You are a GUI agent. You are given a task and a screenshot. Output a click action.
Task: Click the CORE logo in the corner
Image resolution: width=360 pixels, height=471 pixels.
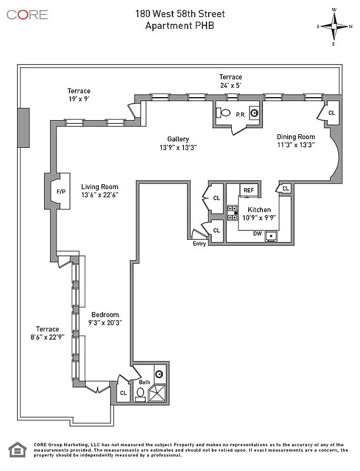tap(27, 14)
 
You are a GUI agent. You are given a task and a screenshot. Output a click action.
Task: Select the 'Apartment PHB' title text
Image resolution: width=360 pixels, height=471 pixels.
tap(179, 25)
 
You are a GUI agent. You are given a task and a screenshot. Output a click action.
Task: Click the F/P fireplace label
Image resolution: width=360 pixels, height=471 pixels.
tap(61, 192)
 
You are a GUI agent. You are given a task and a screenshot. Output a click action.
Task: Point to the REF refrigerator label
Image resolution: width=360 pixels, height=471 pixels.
tap(249, 190)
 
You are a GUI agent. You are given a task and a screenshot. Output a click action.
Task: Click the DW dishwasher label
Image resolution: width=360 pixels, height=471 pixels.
tap(257, 234)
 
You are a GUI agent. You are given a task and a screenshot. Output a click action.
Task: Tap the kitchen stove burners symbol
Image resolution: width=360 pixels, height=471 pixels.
tap(232, 213)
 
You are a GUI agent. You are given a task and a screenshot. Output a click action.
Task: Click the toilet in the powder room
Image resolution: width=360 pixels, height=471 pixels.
tap(224, 112)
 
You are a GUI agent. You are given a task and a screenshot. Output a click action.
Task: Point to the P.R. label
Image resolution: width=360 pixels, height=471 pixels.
tap(241, 115)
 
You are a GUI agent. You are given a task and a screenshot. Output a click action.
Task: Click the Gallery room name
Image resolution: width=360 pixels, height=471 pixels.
tap(177, 139)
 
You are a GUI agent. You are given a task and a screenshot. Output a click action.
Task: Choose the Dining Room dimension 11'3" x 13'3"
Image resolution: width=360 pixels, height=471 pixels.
tap(296, 144)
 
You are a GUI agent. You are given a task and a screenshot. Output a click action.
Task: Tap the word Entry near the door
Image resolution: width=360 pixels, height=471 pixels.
tap(199, 244)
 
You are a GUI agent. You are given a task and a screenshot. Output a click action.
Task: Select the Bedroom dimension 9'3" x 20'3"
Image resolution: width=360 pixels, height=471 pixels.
tap(105, 322)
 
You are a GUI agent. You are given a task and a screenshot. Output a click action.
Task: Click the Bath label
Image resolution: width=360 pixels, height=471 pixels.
tap(145, 383)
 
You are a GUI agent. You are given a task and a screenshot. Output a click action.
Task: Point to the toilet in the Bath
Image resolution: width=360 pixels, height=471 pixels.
tap(141, 393)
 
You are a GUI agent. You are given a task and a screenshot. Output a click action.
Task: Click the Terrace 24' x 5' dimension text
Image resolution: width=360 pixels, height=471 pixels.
tap(231, 85)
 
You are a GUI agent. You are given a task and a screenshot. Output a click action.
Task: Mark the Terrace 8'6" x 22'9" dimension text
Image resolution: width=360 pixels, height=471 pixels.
tap(47, 337)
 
